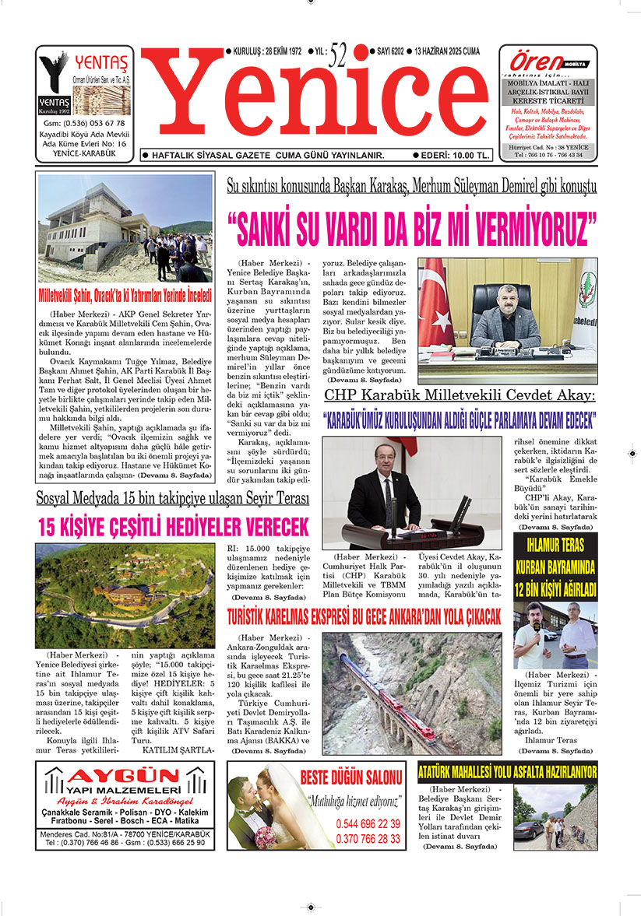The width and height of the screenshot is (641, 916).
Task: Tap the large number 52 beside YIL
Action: click(x=339, y=55)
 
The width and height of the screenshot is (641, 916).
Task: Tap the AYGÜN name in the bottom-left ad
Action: click(x=125, y=781)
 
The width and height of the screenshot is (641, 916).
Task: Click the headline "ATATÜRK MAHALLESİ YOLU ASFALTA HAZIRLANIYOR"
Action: click(x=507, y=773)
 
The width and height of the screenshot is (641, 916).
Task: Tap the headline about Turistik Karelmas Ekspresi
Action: click(x=364, y=617)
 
